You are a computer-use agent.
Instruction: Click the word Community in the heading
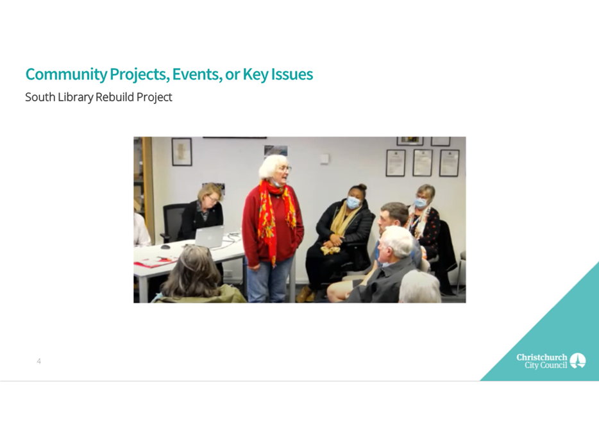(x=66, y=74)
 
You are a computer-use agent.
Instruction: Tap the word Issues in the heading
(x=292, y=74)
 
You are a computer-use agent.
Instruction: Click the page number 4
(x=39, y=361)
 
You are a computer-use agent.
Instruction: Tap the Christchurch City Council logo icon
(x=578, y=360)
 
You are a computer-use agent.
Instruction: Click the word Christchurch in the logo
(x=542, y=357)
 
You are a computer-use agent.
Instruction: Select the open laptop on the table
(x=209, y=237)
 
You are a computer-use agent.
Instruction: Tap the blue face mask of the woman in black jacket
(x=353, y=203)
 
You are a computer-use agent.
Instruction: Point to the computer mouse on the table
(x=165, y=247)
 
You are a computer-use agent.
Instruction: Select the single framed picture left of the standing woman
(x=181, y=151)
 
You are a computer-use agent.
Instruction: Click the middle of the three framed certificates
(x=423, y=162)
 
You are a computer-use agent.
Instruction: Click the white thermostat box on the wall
(x=325, y=159)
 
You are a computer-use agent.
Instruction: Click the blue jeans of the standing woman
(x=270, y=280)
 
